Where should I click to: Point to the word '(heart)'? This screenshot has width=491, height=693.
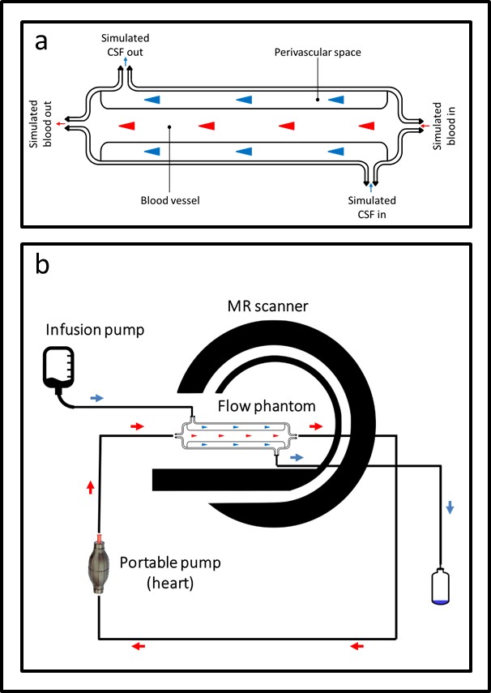(169, 582)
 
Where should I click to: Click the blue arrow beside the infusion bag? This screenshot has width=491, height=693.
(96, 398)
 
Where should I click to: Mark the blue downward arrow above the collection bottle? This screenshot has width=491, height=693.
(450, 506)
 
